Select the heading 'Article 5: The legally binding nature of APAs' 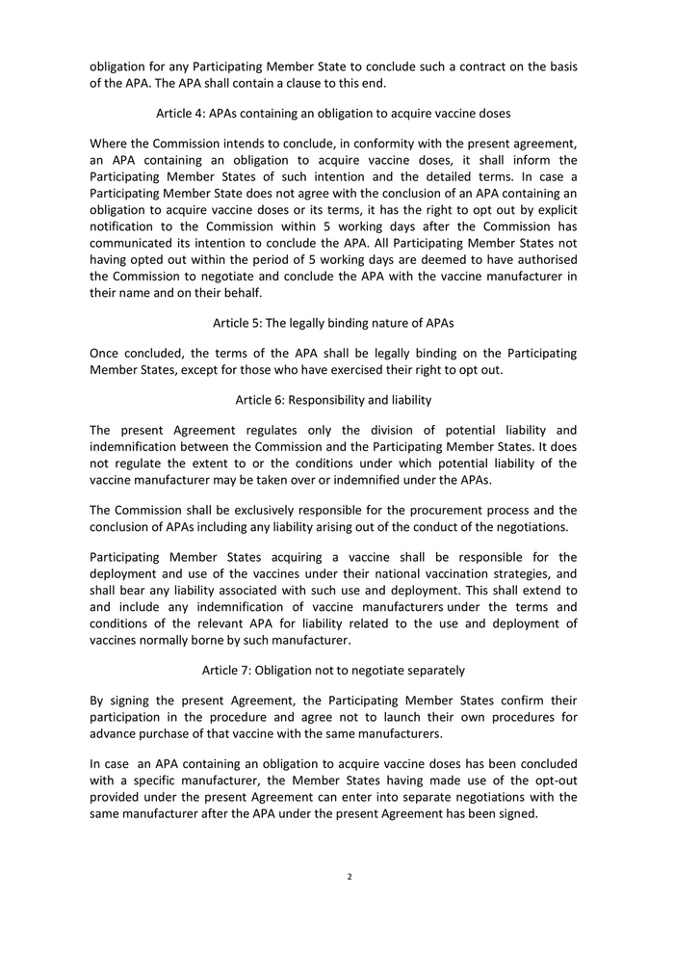coord(333,323)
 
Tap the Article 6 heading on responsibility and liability coord(333,399)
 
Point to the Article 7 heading coord(333,670)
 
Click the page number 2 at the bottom coord(350,877)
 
